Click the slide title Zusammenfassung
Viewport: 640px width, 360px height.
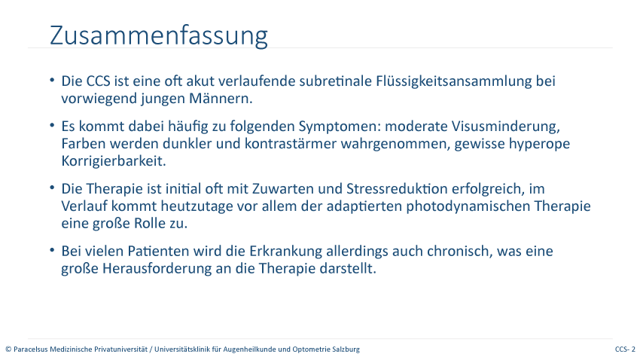pyautogui.click(x=159, y=36)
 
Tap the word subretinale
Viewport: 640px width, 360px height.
pyautogui.click(x=336, y=81)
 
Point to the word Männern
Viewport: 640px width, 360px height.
pyautogui.click(x=221, y=99)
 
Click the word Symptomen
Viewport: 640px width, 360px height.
pyautogui.click(x=340, y=127)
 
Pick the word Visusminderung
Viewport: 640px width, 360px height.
pyautogui.click(x=506, y=127)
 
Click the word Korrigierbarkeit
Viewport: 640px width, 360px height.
pyautogui.click(x=114, y=162)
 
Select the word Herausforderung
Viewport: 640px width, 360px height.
pyautogui.click(x=157, y=269)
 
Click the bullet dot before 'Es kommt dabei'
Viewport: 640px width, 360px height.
pyautogui.click(x=52, y=125)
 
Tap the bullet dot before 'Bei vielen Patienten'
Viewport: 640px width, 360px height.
pyautogui.click(x=52, y=250)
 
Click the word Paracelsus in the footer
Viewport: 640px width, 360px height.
pyautogui.click(x=31, y=349)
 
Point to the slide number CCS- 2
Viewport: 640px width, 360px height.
pyautogui.click(x=625, y=349)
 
